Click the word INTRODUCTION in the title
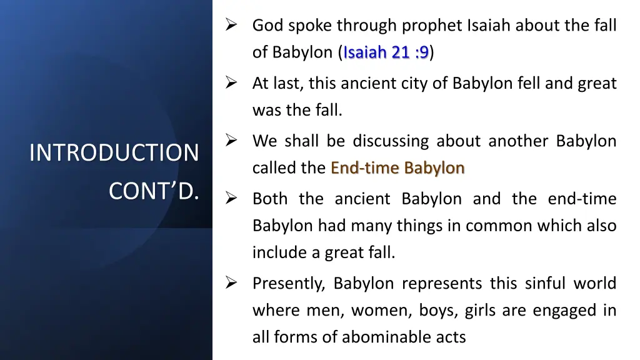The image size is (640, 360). click(114, 152)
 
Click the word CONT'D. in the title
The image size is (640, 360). click(153, 191)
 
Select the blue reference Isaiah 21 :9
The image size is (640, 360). click(386, 52)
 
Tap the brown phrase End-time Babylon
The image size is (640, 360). click(397, 168)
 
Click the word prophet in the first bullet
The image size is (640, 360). click(432, 26)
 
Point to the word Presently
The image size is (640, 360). click(288, 284)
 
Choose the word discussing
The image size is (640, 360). click(390, 141)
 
